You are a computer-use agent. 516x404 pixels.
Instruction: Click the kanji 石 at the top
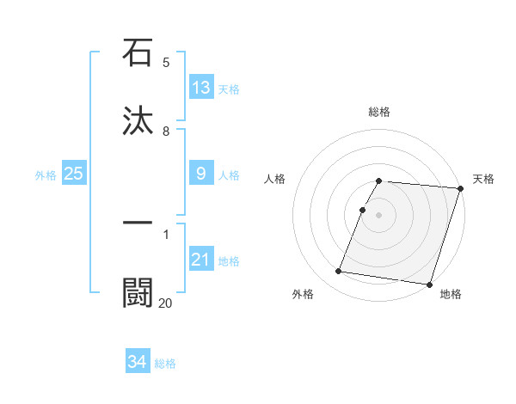pyautogui.click(x=138, y=52)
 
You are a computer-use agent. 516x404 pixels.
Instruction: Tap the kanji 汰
pyautogui.click(x=138, y=120)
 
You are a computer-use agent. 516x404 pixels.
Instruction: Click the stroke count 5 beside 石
pyautogui.click(x=166, y=63)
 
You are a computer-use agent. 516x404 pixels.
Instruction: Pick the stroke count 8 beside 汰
pyautogui.click(x=166, y=132)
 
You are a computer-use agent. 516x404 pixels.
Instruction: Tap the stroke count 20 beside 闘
pyautogui.click(x=165, y=303)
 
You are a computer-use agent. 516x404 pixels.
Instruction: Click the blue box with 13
pyautogui.click(x=201, y=88)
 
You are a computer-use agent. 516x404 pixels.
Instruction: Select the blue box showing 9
pyautogui.click(x=201, y=174)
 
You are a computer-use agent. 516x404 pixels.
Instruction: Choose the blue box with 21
pyautogui.click(x=201, y=260)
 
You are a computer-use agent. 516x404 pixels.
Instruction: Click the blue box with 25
pyautogui.click(x=73, y=174)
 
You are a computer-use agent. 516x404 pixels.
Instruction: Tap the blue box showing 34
pyautogui.click(x=138, y=362)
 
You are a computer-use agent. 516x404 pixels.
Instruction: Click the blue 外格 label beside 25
pyautogui.click(x=46, y=175)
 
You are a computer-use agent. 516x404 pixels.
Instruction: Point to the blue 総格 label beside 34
pyautogui.click(x=165, y=364)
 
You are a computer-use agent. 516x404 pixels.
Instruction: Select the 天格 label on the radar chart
pyautogui.click(x=483, y=179)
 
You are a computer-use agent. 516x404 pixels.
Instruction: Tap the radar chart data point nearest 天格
pyautogui.click(x=460, y=188)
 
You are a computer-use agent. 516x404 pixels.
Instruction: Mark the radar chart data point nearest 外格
pyautogui.click(x=339, y=272)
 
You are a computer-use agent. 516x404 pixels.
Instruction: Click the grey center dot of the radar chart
pyautogui.click(x=378, y=214)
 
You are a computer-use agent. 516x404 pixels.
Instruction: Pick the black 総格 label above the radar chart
pyautogui.click(x=378, y=112)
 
